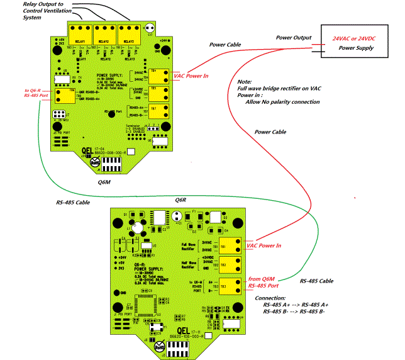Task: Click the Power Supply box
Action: point(355,42)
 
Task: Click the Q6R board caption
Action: point(181,200)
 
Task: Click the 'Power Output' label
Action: point(294,38)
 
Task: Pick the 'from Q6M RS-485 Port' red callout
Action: point(265,281)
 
